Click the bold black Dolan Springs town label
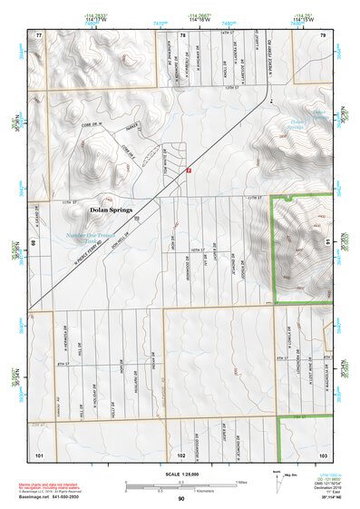[112, 210]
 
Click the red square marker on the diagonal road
[189, 170]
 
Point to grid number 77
[38, 34]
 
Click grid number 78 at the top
[182, 34]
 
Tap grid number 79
[323, 34]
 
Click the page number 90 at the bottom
[180, 499]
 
